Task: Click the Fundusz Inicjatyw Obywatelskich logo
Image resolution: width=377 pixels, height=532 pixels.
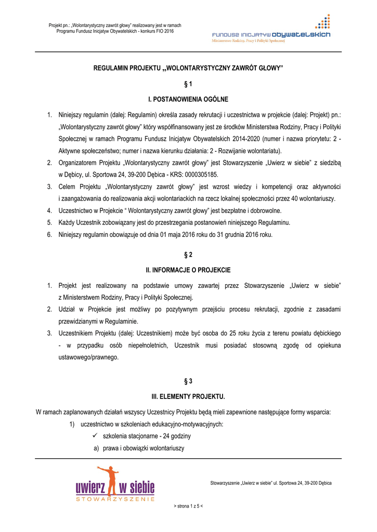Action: (270, 32)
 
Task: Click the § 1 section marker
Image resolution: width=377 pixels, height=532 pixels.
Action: (188, 83)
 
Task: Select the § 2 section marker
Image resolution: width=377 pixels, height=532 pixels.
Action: (188, 255)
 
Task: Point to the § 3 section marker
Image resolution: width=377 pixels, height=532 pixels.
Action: (188, 381)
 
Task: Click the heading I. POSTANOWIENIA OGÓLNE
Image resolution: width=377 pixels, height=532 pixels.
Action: (188, 99)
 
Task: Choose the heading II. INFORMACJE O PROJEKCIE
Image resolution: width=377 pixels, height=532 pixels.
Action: (188, 270)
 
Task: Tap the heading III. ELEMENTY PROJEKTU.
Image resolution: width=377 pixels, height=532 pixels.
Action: (188, 397)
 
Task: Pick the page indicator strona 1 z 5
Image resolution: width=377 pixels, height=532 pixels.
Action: (188, 506)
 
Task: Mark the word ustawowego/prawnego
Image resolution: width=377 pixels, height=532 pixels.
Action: (88, 357)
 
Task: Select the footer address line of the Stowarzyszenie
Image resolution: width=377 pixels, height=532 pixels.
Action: (270, 483)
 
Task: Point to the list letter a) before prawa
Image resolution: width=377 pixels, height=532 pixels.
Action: (96, 448)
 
